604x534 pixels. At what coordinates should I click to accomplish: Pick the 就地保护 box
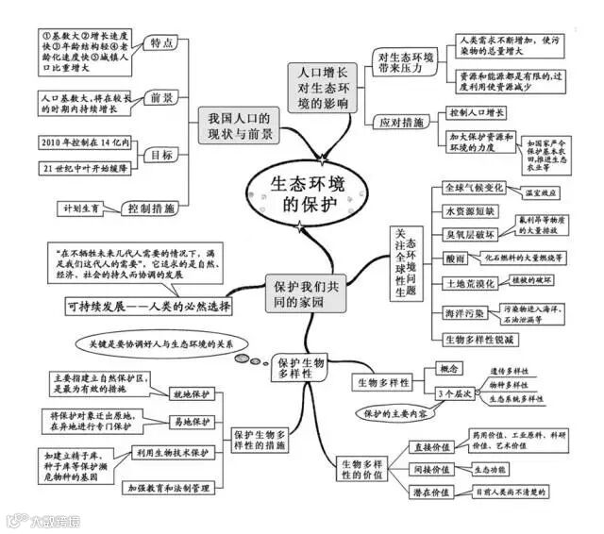pyautogui.click(x=190, y=393)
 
